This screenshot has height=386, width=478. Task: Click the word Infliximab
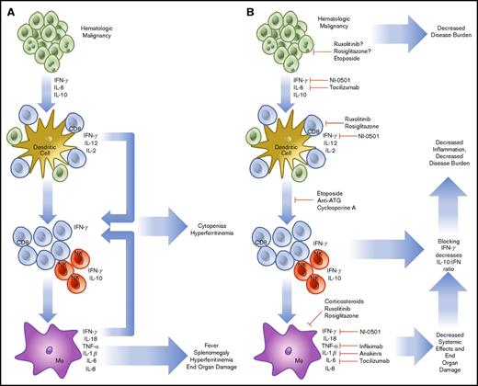[x=371, y=343]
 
